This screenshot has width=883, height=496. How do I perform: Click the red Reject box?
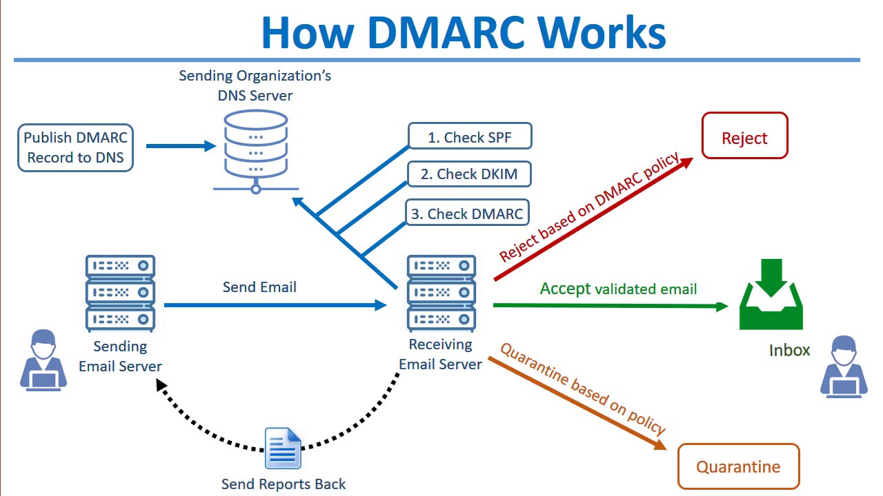point(744,136)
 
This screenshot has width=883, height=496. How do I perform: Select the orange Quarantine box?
point(738,466)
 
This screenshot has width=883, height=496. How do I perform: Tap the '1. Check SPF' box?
point(470,136)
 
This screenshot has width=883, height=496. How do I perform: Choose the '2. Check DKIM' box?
point(469,174)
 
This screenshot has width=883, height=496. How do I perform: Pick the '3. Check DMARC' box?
point(467,213)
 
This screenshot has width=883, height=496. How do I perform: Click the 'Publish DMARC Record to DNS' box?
point(75,147)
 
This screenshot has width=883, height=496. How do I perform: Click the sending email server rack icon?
point(120,293)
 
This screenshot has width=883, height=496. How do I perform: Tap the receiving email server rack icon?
point(441,293)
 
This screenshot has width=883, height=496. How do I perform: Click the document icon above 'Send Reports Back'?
point(283,448)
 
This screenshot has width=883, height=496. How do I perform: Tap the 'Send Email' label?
point(259,287)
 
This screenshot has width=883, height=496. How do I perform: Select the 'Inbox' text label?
point(789,350)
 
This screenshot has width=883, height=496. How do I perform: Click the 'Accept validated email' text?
point(618,289)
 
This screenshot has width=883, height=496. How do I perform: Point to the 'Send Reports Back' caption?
point(284,484)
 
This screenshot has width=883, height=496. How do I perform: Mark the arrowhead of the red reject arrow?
point(686,163)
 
